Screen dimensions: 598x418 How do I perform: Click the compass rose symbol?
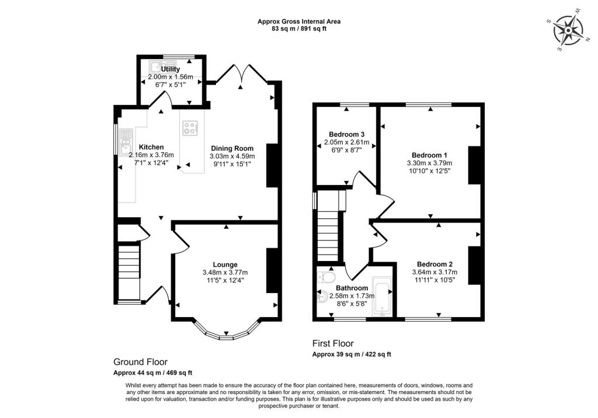[x=569, y=30]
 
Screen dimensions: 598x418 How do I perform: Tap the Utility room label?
[x=170, y=69]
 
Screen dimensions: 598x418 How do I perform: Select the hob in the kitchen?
[x=190, y=128]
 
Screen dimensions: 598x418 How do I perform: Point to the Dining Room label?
[x=232, y=148]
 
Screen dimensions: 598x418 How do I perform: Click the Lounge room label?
[x=225, y=264]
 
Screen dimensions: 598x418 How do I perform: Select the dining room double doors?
[x=241, y=74]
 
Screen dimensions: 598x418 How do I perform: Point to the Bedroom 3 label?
[x=347, y=134]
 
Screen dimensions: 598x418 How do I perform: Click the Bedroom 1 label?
[x=429, y=155]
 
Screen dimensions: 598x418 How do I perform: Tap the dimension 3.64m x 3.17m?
[x=434, y=272]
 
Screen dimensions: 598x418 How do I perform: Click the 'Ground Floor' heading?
[x=140, y=361]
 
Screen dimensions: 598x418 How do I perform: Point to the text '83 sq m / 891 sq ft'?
[x=298, y=28]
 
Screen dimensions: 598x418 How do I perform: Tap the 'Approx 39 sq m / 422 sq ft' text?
[x=352, y=354]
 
